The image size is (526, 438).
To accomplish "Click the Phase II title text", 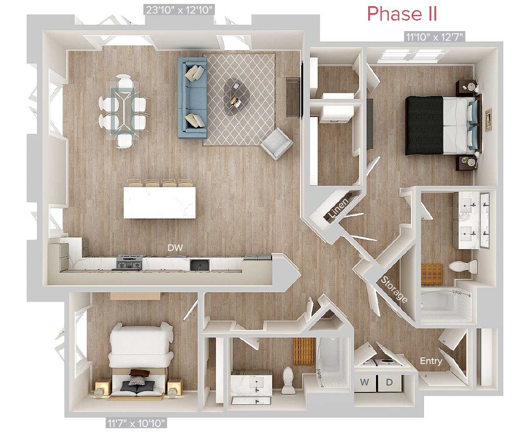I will point(402,14).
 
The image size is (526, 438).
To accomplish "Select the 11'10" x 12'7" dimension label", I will point(434,36).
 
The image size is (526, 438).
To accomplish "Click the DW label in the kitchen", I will point(174,248).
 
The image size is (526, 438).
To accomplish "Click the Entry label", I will point(431,361).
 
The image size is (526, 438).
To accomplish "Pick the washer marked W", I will point(366,383).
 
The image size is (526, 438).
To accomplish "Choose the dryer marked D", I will point(389,383).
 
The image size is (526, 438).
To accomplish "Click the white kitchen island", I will point(160,202).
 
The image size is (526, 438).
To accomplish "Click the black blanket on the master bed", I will point(424,125).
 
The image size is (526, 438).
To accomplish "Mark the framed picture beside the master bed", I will point(488,120).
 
